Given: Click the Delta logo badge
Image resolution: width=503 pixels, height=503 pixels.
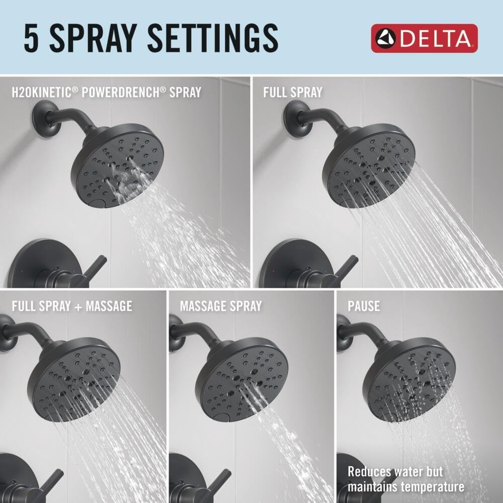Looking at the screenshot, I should [x=424, y=38].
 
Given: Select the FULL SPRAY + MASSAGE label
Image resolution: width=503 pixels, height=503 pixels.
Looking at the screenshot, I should [x=72, y=306].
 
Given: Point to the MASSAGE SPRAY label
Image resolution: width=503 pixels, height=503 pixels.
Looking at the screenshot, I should [x=221, y=306].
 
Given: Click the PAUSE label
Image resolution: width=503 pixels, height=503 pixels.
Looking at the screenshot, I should [x=364, y=306].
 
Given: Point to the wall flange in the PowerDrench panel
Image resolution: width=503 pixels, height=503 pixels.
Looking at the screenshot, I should [x=42, y=116].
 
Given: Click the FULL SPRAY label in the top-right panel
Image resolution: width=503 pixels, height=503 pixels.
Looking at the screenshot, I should [x=292, y=92].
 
